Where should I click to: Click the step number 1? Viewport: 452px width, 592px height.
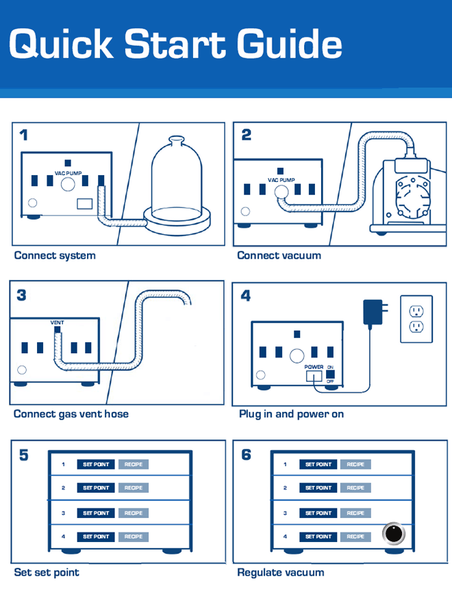(x=24, y=135)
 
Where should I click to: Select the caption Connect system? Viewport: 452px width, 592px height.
(x=55, y=255)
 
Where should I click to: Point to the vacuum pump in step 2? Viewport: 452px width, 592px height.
(x=407, y=192)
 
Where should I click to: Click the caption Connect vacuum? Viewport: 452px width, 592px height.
(x=279, y=255)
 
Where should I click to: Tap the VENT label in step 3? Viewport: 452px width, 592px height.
(x=58, y=322)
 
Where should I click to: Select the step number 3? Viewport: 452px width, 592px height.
(x=22, y=295)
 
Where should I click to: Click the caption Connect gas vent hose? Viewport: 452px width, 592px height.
(x=71, y=414)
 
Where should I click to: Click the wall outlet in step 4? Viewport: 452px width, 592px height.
(x=416, y=319)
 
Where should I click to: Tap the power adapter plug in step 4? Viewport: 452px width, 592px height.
(x=374, y=312)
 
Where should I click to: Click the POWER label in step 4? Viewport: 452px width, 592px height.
(x=313, y=368)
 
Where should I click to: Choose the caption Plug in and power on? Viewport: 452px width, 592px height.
(x=291, y=414)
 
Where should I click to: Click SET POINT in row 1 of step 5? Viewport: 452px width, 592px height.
(x=96, y=465)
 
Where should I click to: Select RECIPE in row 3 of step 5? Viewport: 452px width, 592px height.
(x=134, y=513)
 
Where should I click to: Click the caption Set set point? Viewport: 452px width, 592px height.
(x=47, y=572)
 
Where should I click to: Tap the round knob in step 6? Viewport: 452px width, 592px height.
(x=394, y=533)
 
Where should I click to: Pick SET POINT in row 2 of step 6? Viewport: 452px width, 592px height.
(x=318, y=488)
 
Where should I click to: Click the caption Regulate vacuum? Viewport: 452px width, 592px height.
(x=281, y=572)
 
